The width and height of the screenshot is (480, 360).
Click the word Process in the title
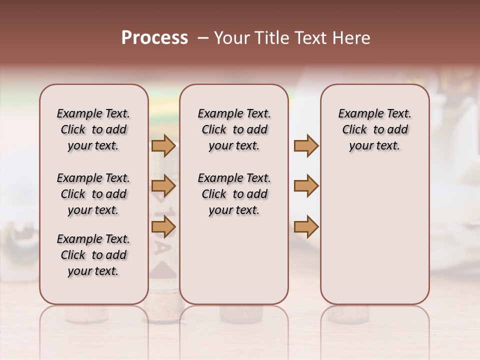pyautogui.click(x=154, y=38)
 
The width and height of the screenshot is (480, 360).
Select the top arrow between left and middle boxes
pyautogui.click(x=163, y=145)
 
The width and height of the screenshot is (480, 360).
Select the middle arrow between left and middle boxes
pyautogui.click(x=163, y=186)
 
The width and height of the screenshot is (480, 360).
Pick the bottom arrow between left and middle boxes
pyautogui.click(x=163, y=227)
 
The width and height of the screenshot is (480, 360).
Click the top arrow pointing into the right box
pyautogui.click(x=306, y=145)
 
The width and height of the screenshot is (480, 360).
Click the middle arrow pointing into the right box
pyautogui.click(x=306, y=186)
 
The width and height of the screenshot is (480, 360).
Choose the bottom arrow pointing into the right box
pyautogui.click(x=306, y=227)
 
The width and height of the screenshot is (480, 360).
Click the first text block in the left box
pyautogui.click(x=93, y=129)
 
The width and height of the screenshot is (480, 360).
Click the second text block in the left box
pyautogui.click(x=93, y=194)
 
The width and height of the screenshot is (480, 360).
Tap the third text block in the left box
pyautogui.click(x=93, y=255)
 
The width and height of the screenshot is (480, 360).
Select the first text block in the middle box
pyautogui.click(x=234, y=129)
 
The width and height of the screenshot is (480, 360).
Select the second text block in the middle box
pyautogui.click(x=234, y=194)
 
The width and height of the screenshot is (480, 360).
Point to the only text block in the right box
pyautogui.click(x=374, y=129)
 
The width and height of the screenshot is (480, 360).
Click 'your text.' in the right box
pyautogui.click(x=374, y=146)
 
